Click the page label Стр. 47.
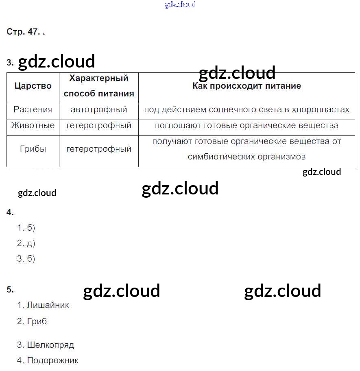(23, 32)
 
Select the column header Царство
(33, 86)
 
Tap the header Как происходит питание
(247, 86)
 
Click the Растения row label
(33, 110)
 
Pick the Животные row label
(33, 125)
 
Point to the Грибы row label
(33, 149)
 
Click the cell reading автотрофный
(99, 110)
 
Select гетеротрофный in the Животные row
(99, 125)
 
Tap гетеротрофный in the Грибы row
(99, 149)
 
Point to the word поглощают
(175, 125)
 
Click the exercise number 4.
(10, 212)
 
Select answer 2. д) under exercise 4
(26, 243)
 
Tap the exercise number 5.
(10, 290)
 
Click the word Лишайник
(48, 305)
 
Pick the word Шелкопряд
(50, 345)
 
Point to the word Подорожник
(52, 360)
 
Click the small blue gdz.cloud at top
(180, 4)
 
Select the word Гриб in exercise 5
(37, 321)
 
